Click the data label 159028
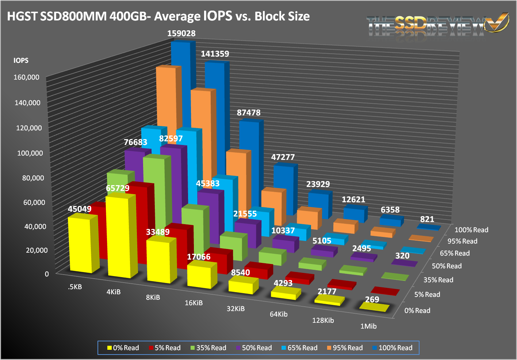click(181, 34)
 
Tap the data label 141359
click(215, 54)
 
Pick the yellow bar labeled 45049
click(81, 245)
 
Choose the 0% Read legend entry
click(123, 348)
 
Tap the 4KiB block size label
click(114, 292)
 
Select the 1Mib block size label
click(368, 326)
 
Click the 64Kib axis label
click(279, 314)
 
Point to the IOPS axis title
click(21, 61)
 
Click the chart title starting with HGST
click(158, 16)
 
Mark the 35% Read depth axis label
click(438, 280)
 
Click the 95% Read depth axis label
click(462, 241)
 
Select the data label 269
click(372, 300)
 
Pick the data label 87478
click(249, 113)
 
